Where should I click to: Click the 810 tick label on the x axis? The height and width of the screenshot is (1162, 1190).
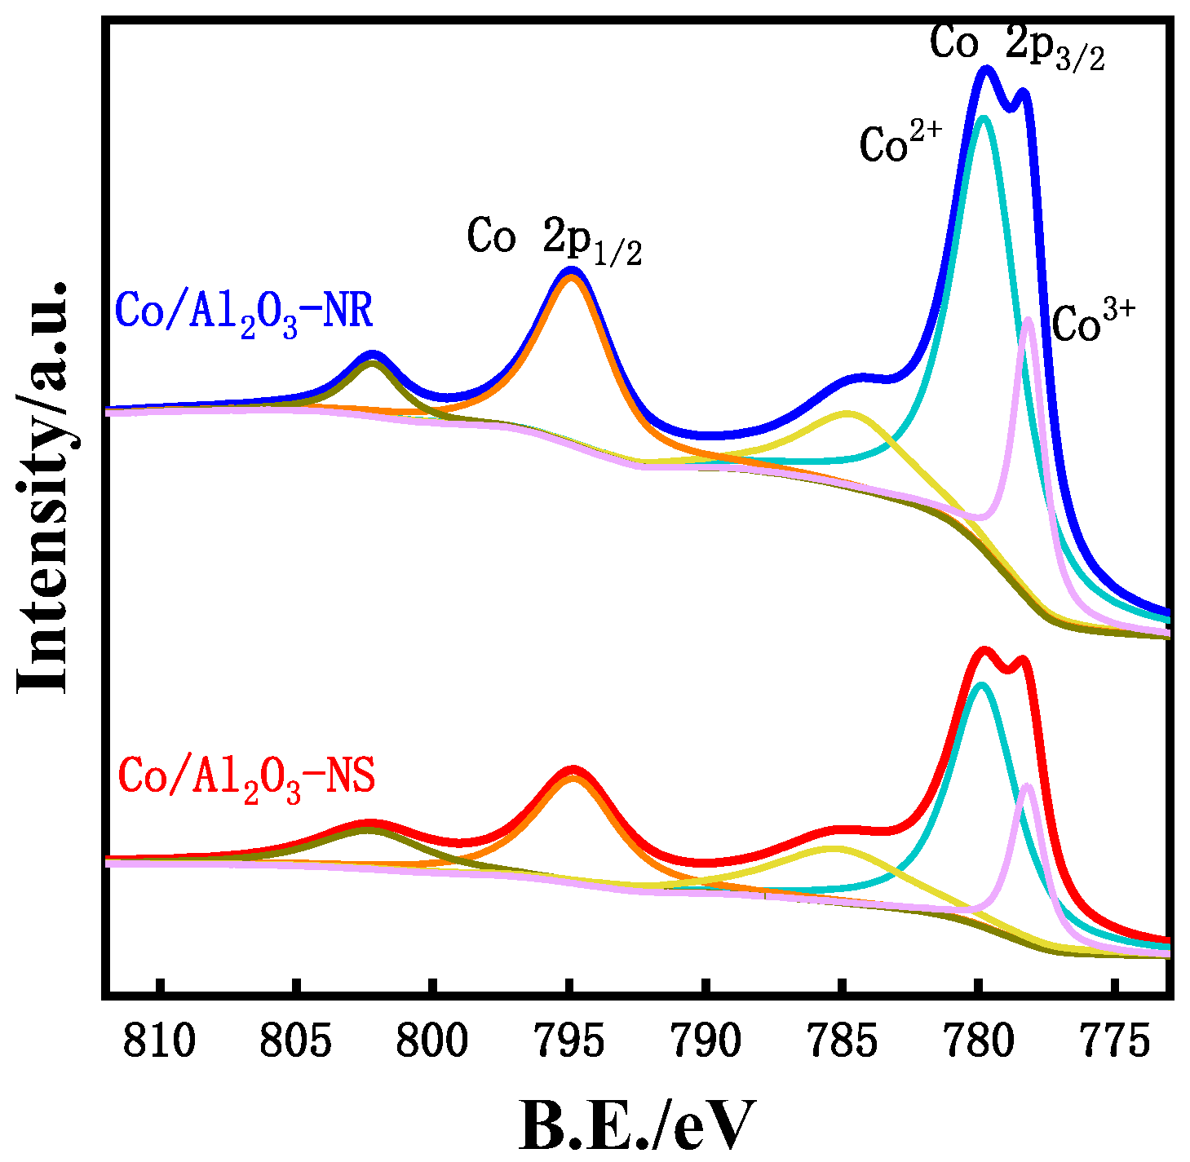161,1041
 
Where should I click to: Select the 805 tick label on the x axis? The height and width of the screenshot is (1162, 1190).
298,1041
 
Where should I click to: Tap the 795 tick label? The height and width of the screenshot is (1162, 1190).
570,1041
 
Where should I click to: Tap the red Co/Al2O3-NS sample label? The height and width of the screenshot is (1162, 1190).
246,778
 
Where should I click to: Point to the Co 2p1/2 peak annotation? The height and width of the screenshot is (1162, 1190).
554,239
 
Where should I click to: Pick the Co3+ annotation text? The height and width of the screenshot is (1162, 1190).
1093,322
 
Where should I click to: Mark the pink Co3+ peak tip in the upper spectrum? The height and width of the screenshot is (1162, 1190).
1029,320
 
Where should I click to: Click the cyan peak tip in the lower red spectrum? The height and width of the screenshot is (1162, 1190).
982,685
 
